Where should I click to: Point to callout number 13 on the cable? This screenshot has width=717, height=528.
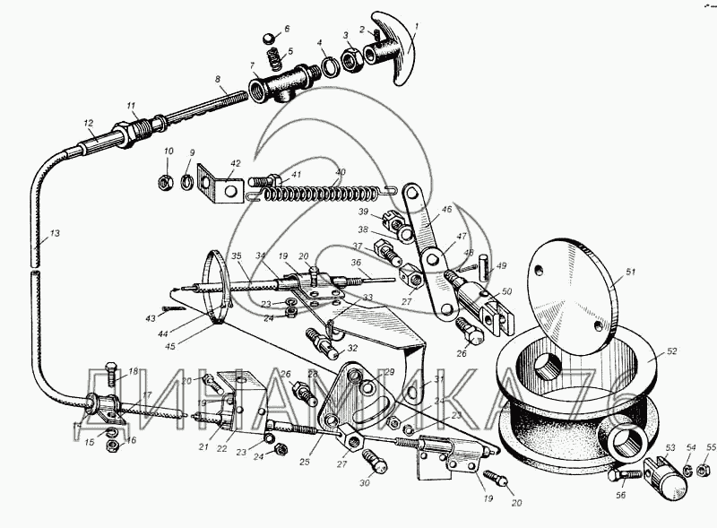55,234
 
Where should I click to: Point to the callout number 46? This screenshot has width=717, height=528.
446,208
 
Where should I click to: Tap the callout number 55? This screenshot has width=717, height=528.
711,446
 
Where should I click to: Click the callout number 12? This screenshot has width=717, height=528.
89,123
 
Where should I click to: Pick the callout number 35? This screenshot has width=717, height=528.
236,255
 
